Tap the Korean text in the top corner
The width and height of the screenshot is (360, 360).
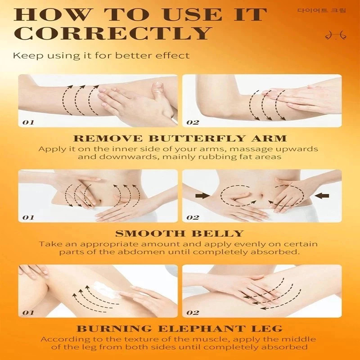[x=321, y=10]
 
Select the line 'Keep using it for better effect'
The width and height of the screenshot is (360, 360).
[x=101, y=56]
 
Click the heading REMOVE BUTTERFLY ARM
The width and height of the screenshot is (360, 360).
[x=180, y=139]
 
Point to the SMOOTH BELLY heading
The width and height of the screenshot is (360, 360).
[x=179, y=234]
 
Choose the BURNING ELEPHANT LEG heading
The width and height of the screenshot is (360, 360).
[x=179, y=329]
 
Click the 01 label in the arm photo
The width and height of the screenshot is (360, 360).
[x=28, y=122]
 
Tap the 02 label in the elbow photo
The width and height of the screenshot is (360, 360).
[x=193, y=122]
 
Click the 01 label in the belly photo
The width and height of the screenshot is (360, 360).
[x=28, y=217]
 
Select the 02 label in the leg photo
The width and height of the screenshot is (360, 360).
[x=193, y=312]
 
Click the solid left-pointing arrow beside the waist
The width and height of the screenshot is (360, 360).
[x=322, y=196]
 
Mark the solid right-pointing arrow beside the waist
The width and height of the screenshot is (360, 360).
[x=202, y=196]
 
